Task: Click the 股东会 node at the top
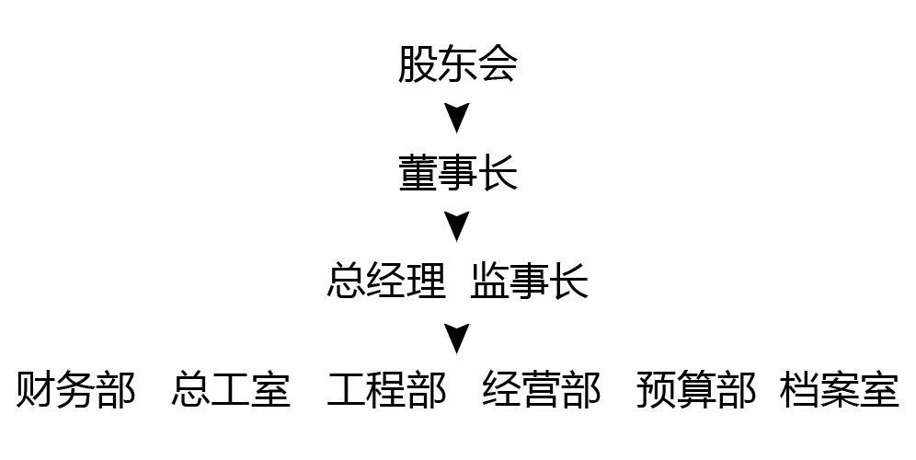[x=457, y=65]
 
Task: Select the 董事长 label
[x=457, y=173]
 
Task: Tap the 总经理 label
[x=386, y=282]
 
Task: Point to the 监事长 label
[x=529, y=282]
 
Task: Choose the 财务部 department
[x=75, y=390]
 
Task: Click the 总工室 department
[x=231, y=390]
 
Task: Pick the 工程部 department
[x=386, y=390]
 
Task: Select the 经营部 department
[x=542, y=390]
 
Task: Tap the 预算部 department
[x=696, y=390]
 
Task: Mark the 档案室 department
[x=839, y=390]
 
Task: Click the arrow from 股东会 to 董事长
[x=457, y=118]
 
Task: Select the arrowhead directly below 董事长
[x=457, y=226]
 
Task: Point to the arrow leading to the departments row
[x=457, y=338]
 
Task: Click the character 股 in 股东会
[x=418, y=65]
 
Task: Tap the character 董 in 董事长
[x=418, y=173]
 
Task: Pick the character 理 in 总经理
[x=426, y=282]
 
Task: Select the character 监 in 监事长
[x=489, y=282]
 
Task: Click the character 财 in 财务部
[x=36, y=390]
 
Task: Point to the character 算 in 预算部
[x=696, y=390]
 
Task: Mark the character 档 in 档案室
[x=799, y=390]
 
